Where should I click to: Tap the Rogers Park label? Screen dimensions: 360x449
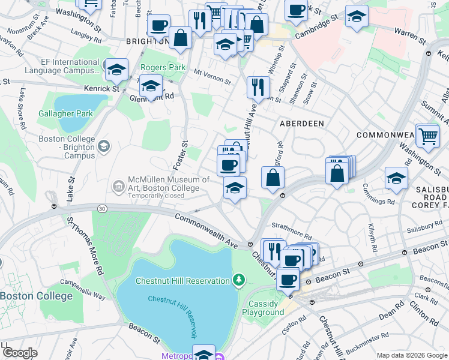[163, 68]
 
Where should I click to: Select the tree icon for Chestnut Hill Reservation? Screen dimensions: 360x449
[239, 280]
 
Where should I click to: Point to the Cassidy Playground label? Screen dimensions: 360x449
[263, 308]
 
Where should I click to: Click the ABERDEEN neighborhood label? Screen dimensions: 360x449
[301, 123]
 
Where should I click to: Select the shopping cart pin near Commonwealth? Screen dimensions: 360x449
[427, 136]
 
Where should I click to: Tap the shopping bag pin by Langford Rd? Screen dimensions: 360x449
[273, 178]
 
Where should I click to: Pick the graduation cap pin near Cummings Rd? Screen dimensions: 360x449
[396, 178]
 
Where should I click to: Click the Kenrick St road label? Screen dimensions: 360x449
[101, 88]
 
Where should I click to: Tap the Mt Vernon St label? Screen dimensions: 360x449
[212, 79]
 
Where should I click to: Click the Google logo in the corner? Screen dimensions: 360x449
[20, 353]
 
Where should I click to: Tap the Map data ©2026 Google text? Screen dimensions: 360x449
[411, 355]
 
